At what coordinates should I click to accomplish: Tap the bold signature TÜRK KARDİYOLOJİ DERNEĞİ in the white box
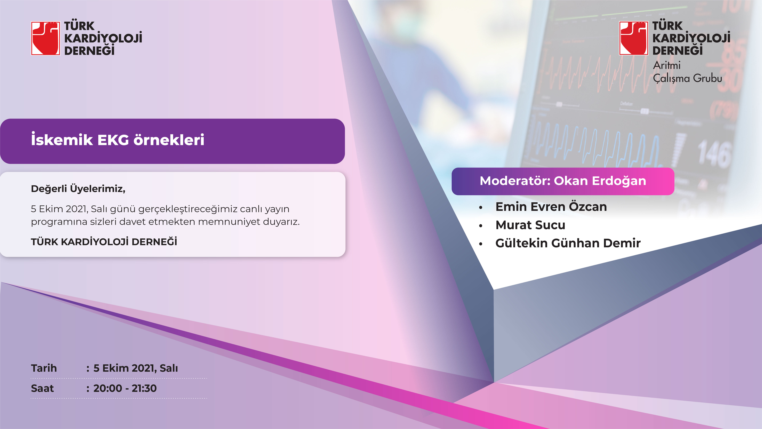(x=104, y=242)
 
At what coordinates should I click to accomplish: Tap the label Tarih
(x=44, y=368)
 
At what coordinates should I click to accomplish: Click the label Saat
(x=42, y=388)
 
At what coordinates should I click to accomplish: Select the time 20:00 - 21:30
(x=125, y=388)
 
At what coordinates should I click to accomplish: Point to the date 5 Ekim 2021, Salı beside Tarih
(x=135, y=368)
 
